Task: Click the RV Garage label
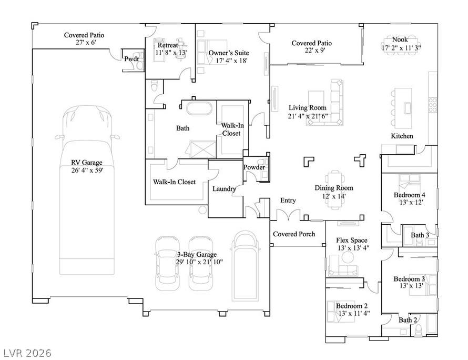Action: [x=87, y=163]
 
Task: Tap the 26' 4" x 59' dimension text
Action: [x=87, y=171]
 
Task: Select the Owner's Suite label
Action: [x=229, y=53]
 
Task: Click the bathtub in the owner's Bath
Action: [x=199, y=108]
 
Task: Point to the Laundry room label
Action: [x=224, y=189]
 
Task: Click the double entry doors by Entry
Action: [x=288, y=215]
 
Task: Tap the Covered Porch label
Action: [x=294, y=234]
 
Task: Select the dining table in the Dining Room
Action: [x=334, y=190]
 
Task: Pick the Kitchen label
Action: [x=402, y=136]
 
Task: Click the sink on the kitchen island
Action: [x=408, y=107]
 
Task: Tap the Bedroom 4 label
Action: [x=410, y=195]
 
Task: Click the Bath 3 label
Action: [x=420, y=235]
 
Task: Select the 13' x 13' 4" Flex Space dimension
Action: [x=353, y=248]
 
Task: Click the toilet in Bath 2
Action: [x=419, y=329]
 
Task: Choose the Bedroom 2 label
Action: [x=352, y=306]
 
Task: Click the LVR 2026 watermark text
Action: [x=27, y=353]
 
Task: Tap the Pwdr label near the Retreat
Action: [x=131, y=59]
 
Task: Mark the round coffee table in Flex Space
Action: [x=348, y=257]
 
